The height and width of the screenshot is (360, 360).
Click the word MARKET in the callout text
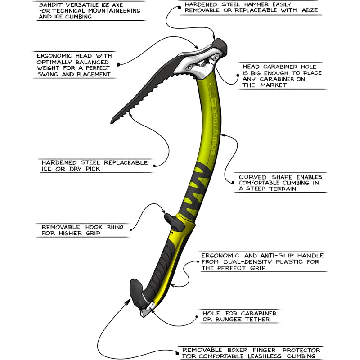[x=273, y=85]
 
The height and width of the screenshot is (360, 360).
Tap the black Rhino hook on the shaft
[x=171, y=220]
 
